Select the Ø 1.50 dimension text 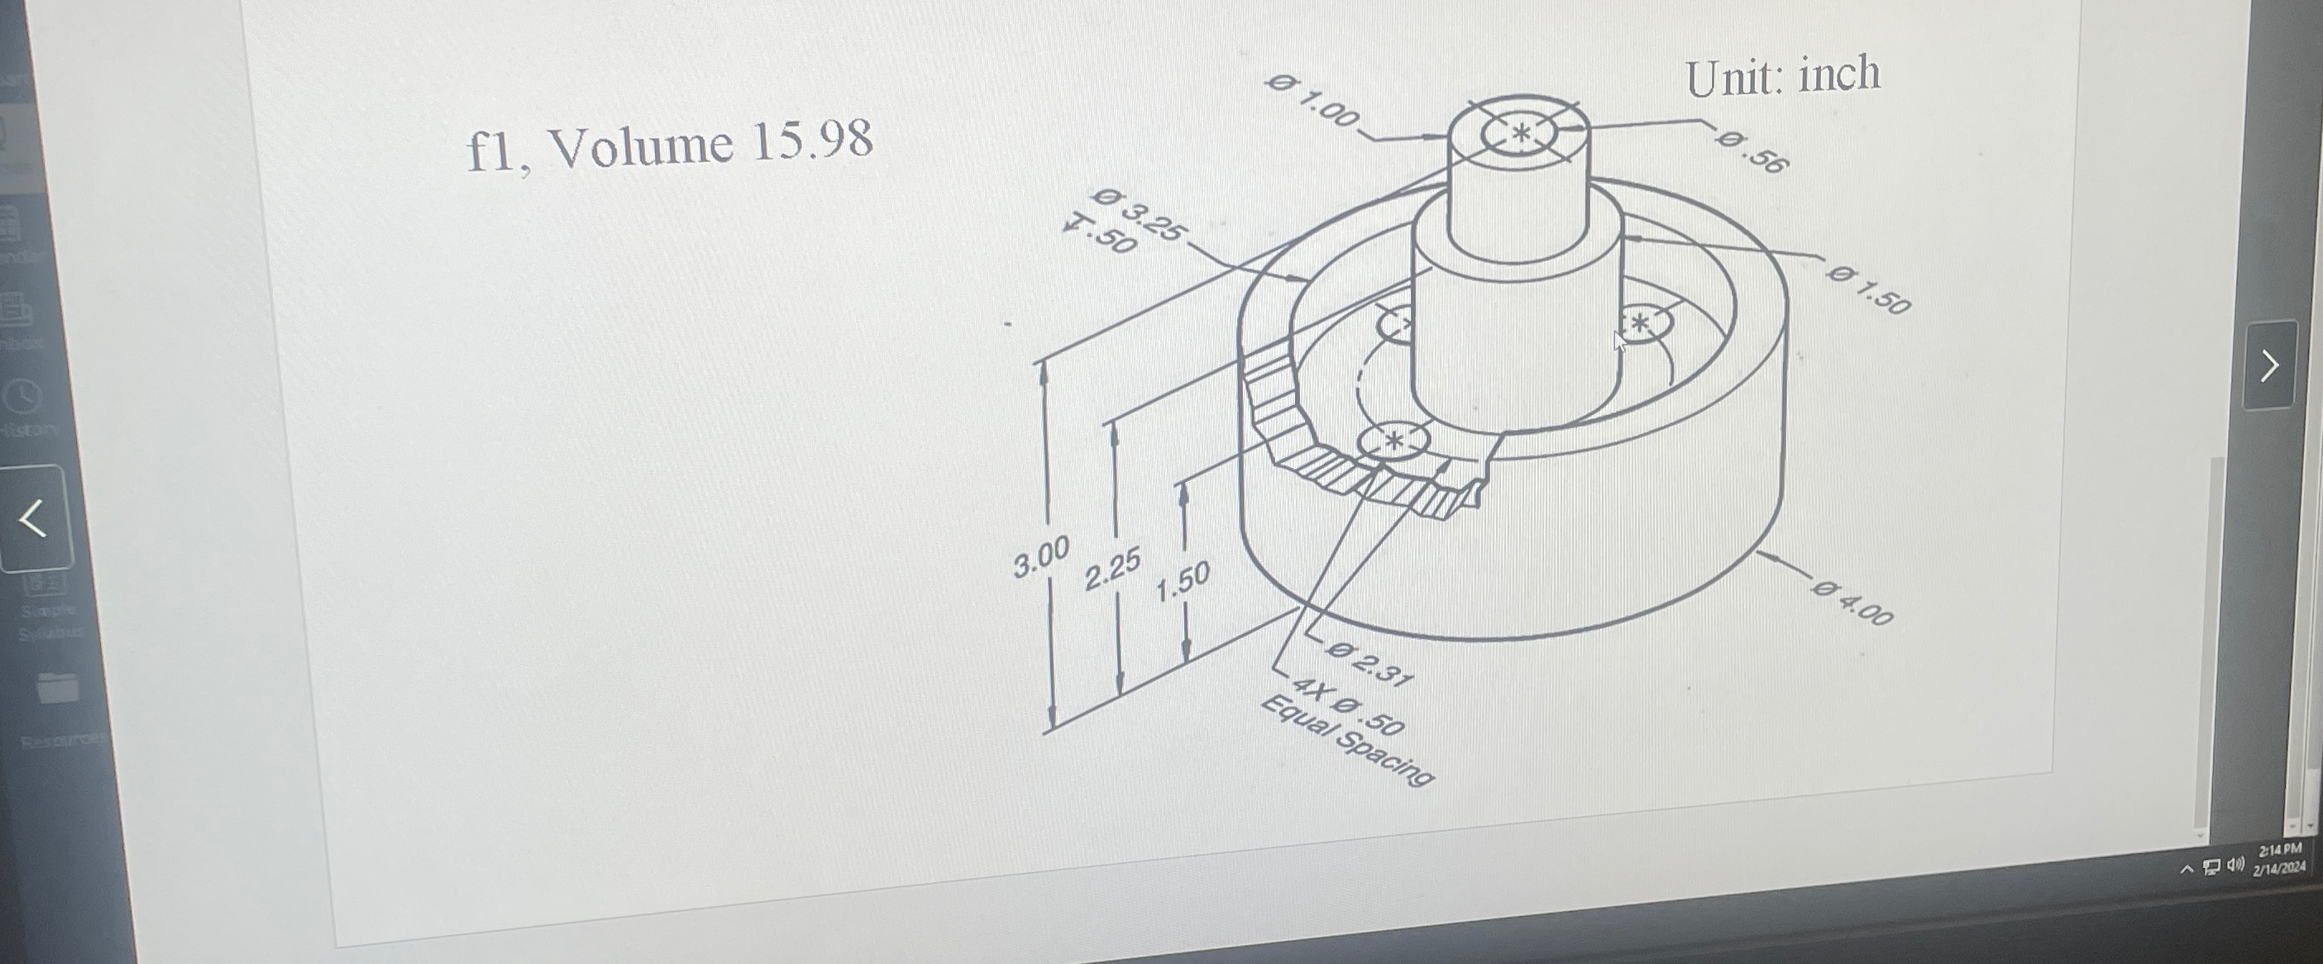tap(1868, 289)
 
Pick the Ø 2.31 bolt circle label tap(1369, 663)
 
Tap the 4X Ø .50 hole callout tap(1348, 709)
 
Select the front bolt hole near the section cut tap(1394, 441)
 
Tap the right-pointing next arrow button tap(2269, 365)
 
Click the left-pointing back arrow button tap(32, 518)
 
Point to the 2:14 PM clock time tap(2282, 849)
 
